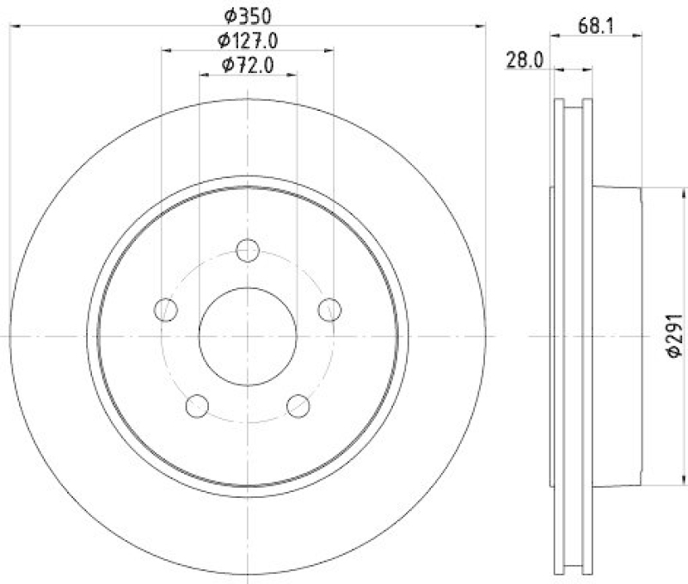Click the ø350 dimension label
coord(248,15)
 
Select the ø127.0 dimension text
coord(248,39)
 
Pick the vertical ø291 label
coord(674,335)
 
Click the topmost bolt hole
coord(248,250)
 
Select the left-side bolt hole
coord(166,310)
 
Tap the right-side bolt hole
coord(329,310)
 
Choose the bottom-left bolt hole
coord(197,405)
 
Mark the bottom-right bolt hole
coord(298,405)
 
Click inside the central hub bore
coord(248,335)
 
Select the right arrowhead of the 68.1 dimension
coord(641,34)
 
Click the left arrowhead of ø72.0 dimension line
coord(203,75)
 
